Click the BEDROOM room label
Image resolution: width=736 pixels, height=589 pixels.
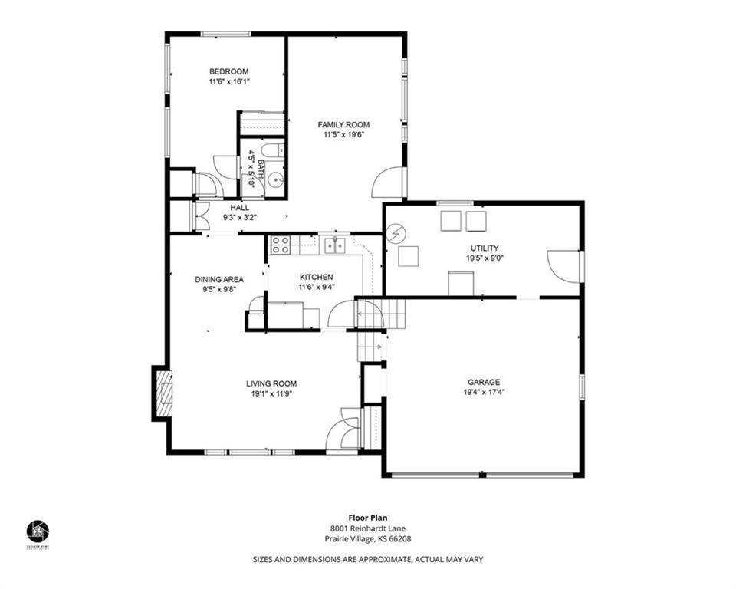pos(229,72)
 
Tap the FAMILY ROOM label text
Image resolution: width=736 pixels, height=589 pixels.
pos(343,124)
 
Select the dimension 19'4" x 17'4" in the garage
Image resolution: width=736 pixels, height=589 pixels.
pos(484,392)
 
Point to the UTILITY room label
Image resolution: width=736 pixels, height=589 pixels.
pos(484,248)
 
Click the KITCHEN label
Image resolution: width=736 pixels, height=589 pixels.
pos(316,277)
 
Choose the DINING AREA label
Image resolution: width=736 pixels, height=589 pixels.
pos(219,279)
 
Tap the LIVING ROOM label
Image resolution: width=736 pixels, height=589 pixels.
pos(271,383)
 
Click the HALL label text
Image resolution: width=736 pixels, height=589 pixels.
pos(239,207)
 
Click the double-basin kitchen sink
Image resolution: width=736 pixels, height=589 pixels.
pos(333,245)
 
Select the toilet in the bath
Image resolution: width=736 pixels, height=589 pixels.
pos(273,150)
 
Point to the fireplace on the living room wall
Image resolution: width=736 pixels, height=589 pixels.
pos(163,393)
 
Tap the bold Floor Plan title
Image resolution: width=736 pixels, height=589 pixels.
pos(367,518)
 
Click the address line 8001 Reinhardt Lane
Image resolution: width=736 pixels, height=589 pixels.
pos(367,528)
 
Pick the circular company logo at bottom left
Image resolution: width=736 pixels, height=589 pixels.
pos(38,530)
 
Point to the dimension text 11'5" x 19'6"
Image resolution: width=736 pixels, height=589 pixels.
pos(343,134)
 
